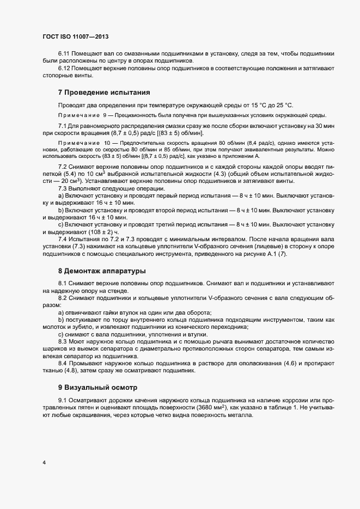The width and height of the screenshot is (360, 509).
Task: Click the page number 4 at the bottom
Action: tap(44, 463)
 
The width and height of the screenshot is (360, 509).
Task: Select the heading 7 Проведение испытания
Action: tap(103, 93)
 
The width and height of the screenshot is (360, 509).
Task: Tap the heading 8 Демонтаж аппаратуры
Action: tap(102, 270)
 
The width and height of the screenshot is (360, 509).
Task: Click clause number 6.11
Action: tap(64, 54)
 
